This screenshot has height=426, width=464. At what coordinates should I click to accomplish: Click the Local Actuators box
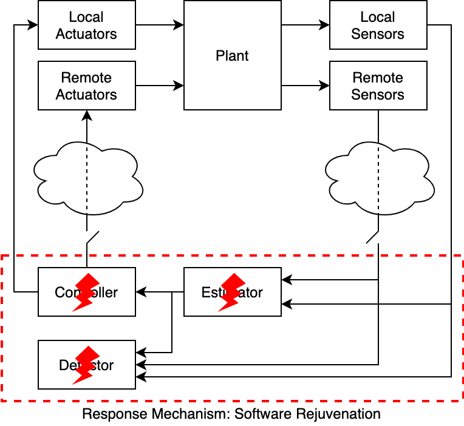(86, 25)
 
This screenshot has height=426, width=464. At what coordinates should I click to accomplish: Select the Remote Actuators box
(86, 86)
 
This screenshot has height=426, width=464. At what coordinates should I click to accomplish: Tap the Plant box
(232, 55)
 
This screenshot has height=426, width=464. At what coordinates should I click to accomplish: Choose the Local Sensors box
(378, 25)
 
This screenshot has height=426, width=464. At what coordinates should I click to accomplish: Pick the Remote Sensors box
(378, 86)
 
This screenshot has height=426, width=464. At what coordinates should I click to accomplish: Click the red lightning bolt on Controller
(86, 292)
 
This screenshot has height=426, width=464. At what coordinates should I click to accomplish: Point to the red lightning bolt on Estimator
(232, 292)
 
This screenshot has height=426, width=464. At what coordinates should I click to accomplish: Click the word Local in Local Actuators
(86, 17)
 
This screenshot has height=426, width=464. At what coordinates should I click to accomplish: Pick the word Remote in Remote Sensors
(378, 78)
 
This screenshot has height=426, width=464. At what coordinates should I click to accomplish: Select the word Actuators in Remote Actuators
(86, 95)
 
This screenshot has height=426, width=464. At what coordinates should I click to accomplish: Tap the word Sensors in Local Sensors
(378, 34)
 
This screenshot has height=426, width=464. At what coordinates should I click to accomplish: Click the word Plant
(232, 56)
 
